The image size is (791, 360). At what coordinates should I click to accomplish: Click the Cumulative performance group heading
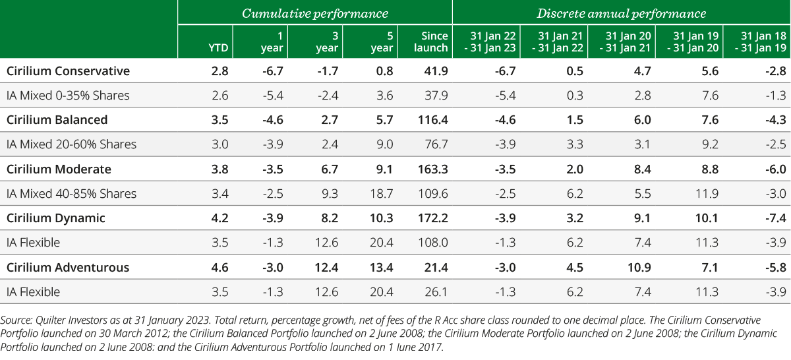[314, 13]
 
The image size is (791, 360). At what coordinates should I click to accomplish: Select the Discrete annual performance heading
[621, 13]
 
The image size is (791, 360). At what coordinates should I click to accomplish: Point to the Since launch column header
[433, 42]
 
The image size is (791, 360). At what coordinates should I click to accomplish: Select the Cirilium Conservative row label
[68, 71]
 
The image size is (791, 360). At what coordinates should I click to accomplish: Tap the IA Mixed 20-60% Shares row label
[71, 144]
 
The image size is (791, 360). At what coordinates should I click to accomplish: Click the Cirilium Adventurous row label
[67, 268]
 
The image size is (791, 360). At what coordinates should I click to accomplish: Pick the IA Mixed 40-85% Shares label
[71, 194]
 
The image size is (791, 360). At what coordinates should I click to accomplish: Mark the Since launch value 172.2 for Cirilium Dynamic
[434, 218]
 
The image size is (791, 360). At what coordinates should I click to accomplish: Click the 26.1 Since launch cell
[438, 292]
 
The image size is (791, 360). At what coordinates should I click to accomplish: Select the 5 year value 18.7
[382, 194]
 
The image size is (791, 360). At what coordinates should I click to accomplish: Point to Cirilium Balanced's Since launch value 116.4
[434, 120]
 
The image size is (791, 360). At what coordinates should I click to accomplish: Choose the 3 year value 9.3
[330, 194]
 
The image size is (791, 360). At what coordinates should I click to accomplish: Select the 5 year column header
[383, 42]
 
